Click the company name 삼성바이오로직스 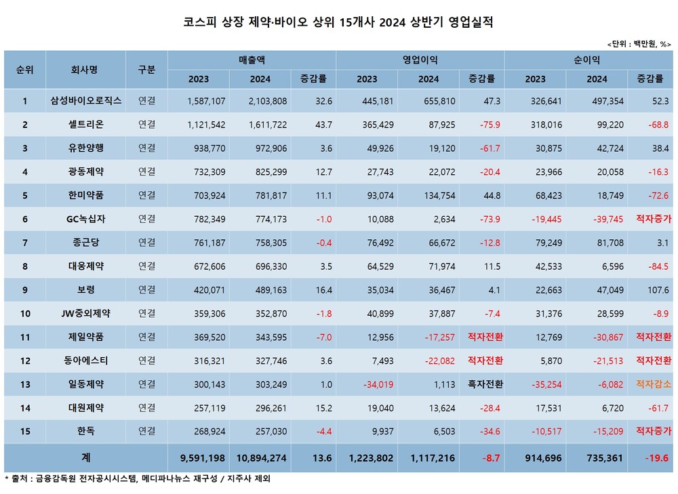tap(85, 102)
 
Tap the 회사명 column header tap(85, 69)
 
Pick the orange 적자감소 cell tap(653, 384)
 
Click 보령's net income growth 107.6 tap(658, 290)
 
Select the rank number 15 tap(25, 431)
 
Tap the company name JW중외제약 tap(85, 314)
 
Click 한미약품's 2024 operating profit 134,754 tap(428, 196)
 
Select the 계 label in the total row tap(85, 458)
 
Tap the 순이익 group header tap(588, 60)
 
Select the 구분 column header tap(146, 69)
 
